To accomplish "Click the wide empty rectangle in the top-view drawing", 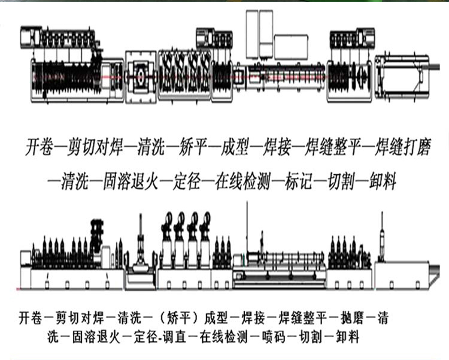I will [291, 46].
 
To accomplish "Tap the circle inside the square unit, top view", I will [142, 78].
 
